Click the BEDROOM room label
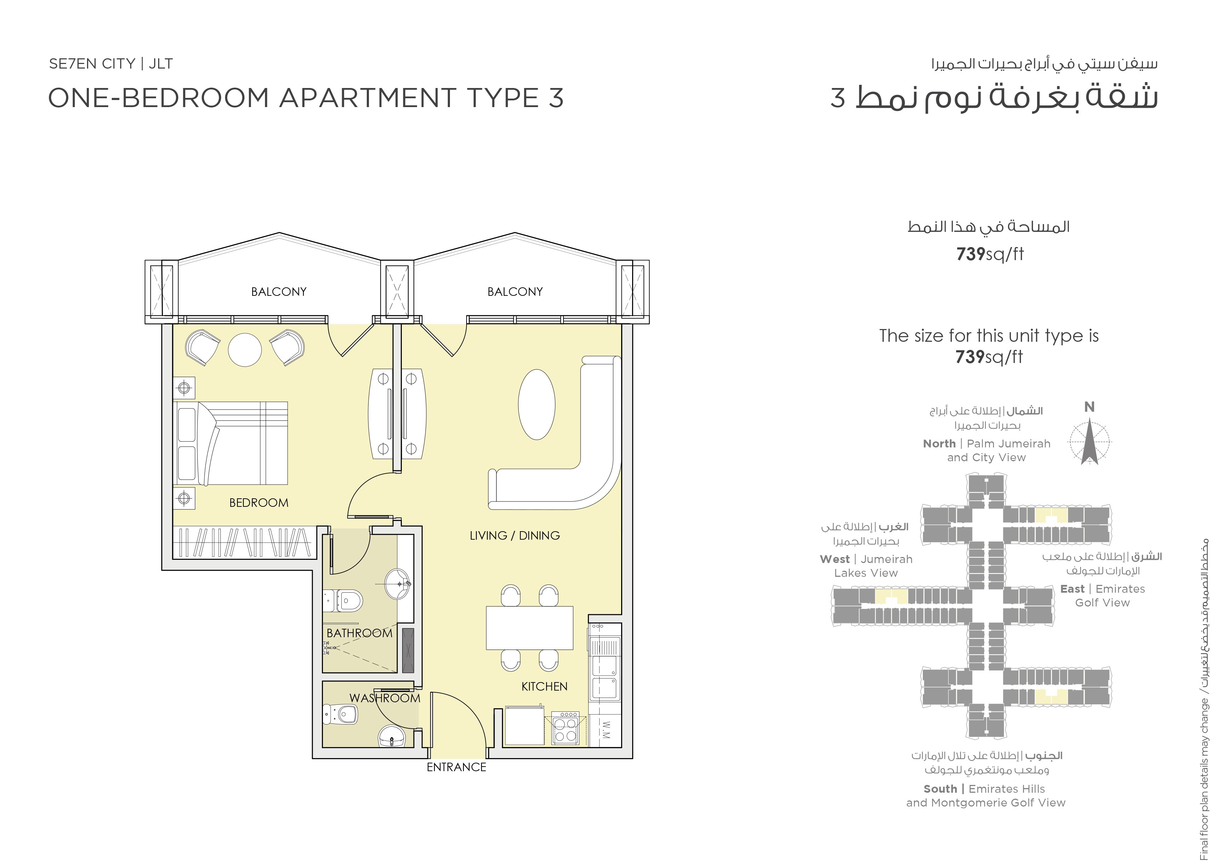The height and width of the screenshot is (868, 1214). [x=259, y=503]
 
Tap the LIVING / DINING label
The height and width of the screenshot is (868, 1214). [x=514, y=535]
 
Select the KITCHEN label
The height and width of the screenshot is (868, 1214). [x=544, y=686]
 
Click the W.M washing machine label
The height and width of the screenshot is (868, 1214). [x=605, y=731]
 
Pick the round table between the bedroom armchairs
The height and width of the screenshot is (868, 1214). [x=245, y=350]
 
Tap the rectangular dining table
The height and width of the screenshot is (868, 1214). [x=530, y=628]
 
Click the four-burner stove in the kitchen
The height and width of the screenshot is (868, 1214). [x=565, y=728]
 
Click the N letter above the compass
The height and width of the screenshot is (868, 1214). [x=1089, y=407]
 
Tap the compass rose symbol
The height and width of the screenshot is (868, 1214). [x=1089, y=442]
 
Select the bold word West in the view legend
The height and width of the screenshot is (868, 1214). [x=835, y=559]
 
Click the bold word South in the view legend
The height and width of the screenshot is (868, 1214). [x=940, y=788]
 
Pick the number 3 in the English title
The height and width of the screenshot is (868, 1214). [x=556, y=98]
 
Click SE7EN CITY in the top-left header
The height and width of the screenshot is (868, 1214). [x=92, y=64]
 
